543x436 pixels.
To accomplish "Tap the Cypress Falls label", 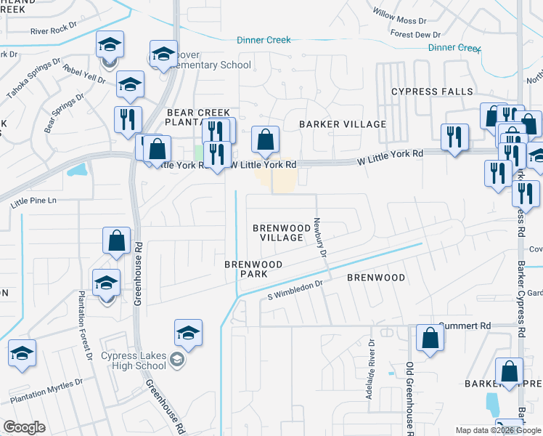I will point(432,92).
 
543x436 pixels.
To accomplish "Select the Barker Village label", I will point(343,124).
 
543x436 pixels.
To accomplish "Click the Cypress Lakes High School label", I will point(134,360).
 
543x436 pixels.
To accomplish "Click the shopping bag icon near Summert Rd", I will point(430,337).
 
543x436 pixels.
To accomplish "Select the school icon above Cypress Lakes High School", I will point(188,332).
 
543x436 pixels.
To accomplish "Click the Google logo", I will point(24,427).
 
